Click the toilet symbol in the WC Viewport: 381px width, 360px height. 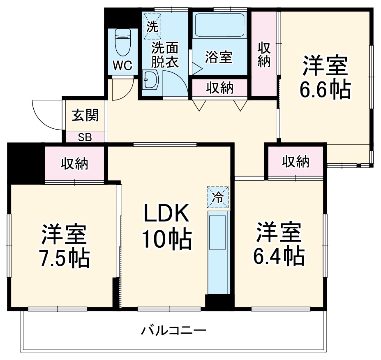coord(123,43)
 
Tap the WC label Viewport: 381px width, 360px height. coord(123,65)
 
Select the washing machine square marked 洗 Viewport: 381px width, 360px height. coord(152,26)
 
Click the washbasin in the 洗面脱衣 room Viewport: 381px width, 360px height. coord(150,79)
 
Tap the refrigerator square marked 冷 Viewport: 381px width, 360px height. coord(218,197)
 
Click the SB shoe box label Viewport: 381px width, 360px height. coord(85,138)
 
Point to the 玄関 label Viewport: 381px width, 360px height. coord(85,115)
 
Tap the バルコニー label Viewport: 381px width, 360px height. coord(174,330)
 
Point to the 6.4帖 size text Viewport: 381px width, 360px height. coord(279,256)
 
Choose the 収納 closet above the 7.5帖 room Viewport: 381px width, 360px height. coord(74,163)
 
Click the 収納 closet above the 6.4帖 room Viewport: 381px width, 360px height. coord(296,161)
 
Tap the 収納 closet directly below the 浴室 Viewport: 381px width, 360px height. coord(219,88)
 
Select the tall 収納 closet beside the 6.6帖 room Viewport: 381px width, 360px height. coord(264,54)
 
